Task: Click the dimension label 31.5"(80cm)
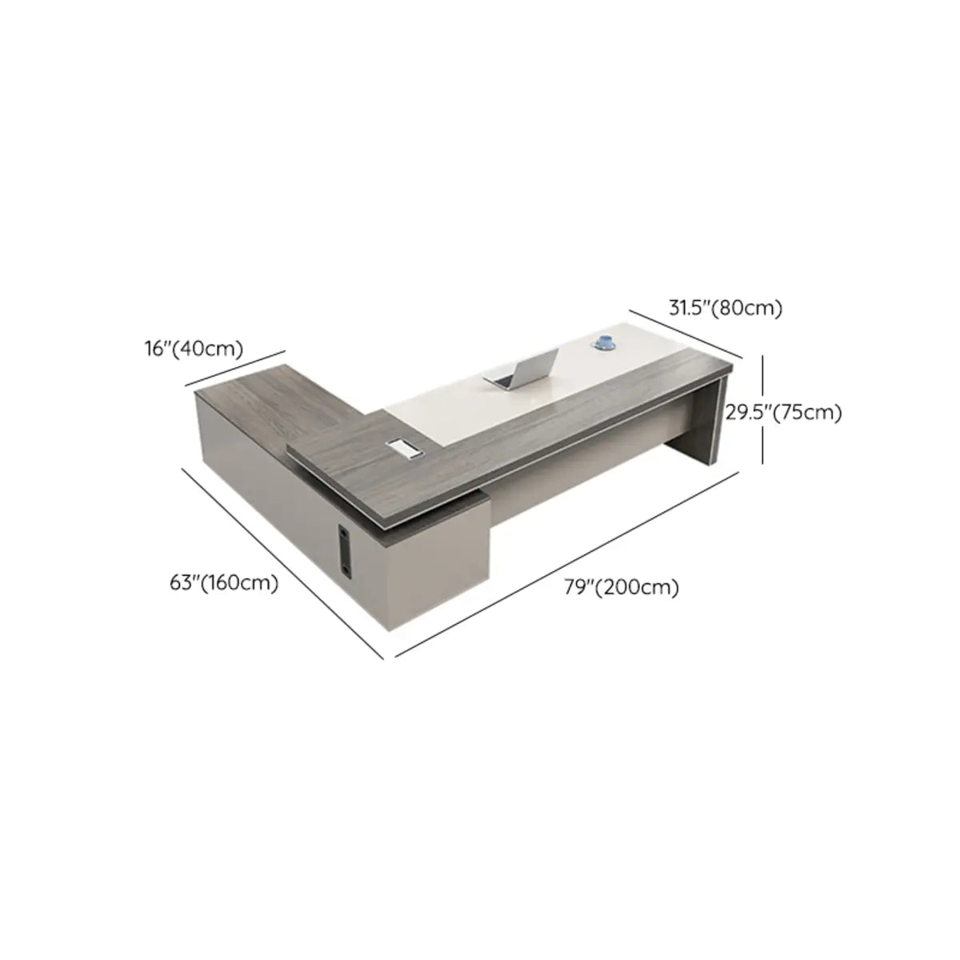[725, 308]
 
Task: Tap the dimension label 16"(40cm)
[194, 349]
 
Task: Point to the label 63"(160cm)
[224, 582]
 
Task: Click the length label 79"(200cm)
[622, 587]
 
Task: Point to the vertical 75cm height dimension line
[762, 410]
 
